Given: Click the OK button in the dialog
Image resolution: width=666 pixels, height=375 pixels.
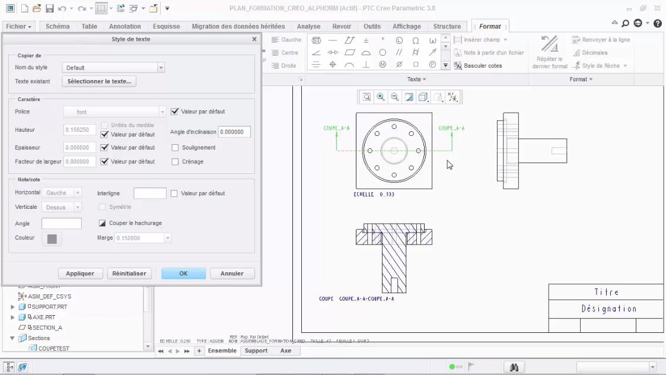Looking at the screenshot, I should pyautogui.click(x=183, y=274).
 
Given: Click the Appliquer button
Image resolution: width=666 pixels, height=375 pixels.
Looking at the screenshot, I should pyautogui.click(x=80, y=274).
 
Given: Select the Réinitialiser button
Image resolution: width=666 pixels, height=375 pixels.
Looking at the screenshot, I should pyautogui.click(x=129, y=274).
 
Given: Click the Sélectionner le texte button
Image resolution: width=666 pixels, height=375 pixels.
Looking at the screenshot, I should pyautogui.click(x=99, y=81).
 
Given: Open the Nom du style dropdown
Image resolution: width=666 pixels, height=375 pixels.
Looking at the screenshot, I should pyautogui.click(x=161, y=68).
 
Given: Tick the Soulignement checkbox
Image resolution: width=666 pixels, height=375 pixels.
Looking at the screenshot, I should pyautogui.click(x=176, y=148).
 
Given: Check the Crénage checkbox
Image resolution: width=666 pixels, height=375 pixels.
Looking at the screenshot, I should pyautogui.click(x=176, y=161).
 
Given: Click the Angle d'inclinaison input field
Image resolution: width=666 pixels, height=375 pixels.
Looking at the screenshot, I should pyautogui.click(x=234, y=132).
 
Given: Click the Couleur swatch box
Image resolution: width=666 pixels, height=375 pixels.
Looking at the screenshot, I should pyautogui.click(x=52, y=239).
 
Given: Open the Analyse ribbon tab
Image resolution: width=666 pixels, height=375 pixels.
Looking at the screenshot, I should pyautogui.click(x=308, y=26).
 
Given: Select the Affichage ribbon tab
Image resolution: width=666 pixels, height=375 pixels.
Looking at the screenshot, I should pyautogui.click(x=406, y=26).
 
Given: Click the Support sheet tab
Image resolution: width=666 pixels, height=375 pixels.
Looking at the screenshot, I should pyautogui.click(x=256, y=351).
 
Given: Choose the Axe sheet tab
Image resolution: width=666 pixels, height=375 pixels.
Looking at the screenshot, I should pyautogui.click(x=286, y=351).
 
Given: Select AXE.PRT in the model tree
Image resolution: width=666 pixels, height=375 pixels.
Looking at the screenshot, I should pyautogui.click(x=43, y=317).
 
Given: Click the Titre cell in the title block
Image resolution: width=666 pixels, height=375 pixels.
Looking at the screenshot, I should pyautogui.click(x=606, y=293).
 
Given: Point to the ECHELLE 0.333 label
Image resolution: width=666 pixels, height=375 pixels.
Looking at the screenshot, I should pyautogui.click(x=374, y=195).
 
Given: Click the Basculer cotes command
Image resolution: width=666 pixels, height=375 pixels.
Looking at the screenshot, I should pyautogui.click(x=482, y=66).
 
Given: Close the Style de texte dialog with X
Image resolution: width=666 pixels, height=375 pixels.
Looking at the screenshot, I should pyautogui.click(x=254, y=39).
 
